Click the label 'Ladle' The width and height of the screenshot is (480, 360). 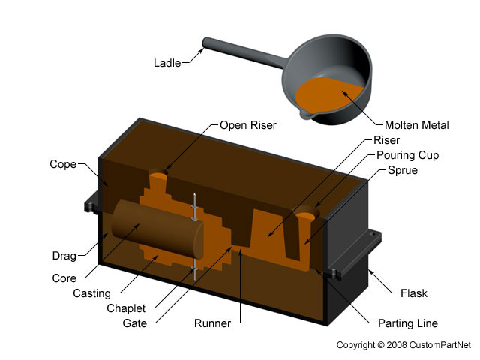click(x=167, y=63)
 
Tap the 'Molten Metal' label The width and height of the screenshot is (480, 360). click(x=416, y=125)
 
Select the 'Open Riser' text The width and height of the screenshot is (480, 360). click(x=248, y=125)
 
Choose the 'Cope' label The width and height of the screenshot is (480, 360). click(x=63, y=164)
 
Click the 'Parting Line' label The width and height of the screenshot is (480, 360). click(x=408, y=323)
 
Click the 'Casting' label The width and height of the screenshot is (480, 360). click(x=91, y=293)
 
